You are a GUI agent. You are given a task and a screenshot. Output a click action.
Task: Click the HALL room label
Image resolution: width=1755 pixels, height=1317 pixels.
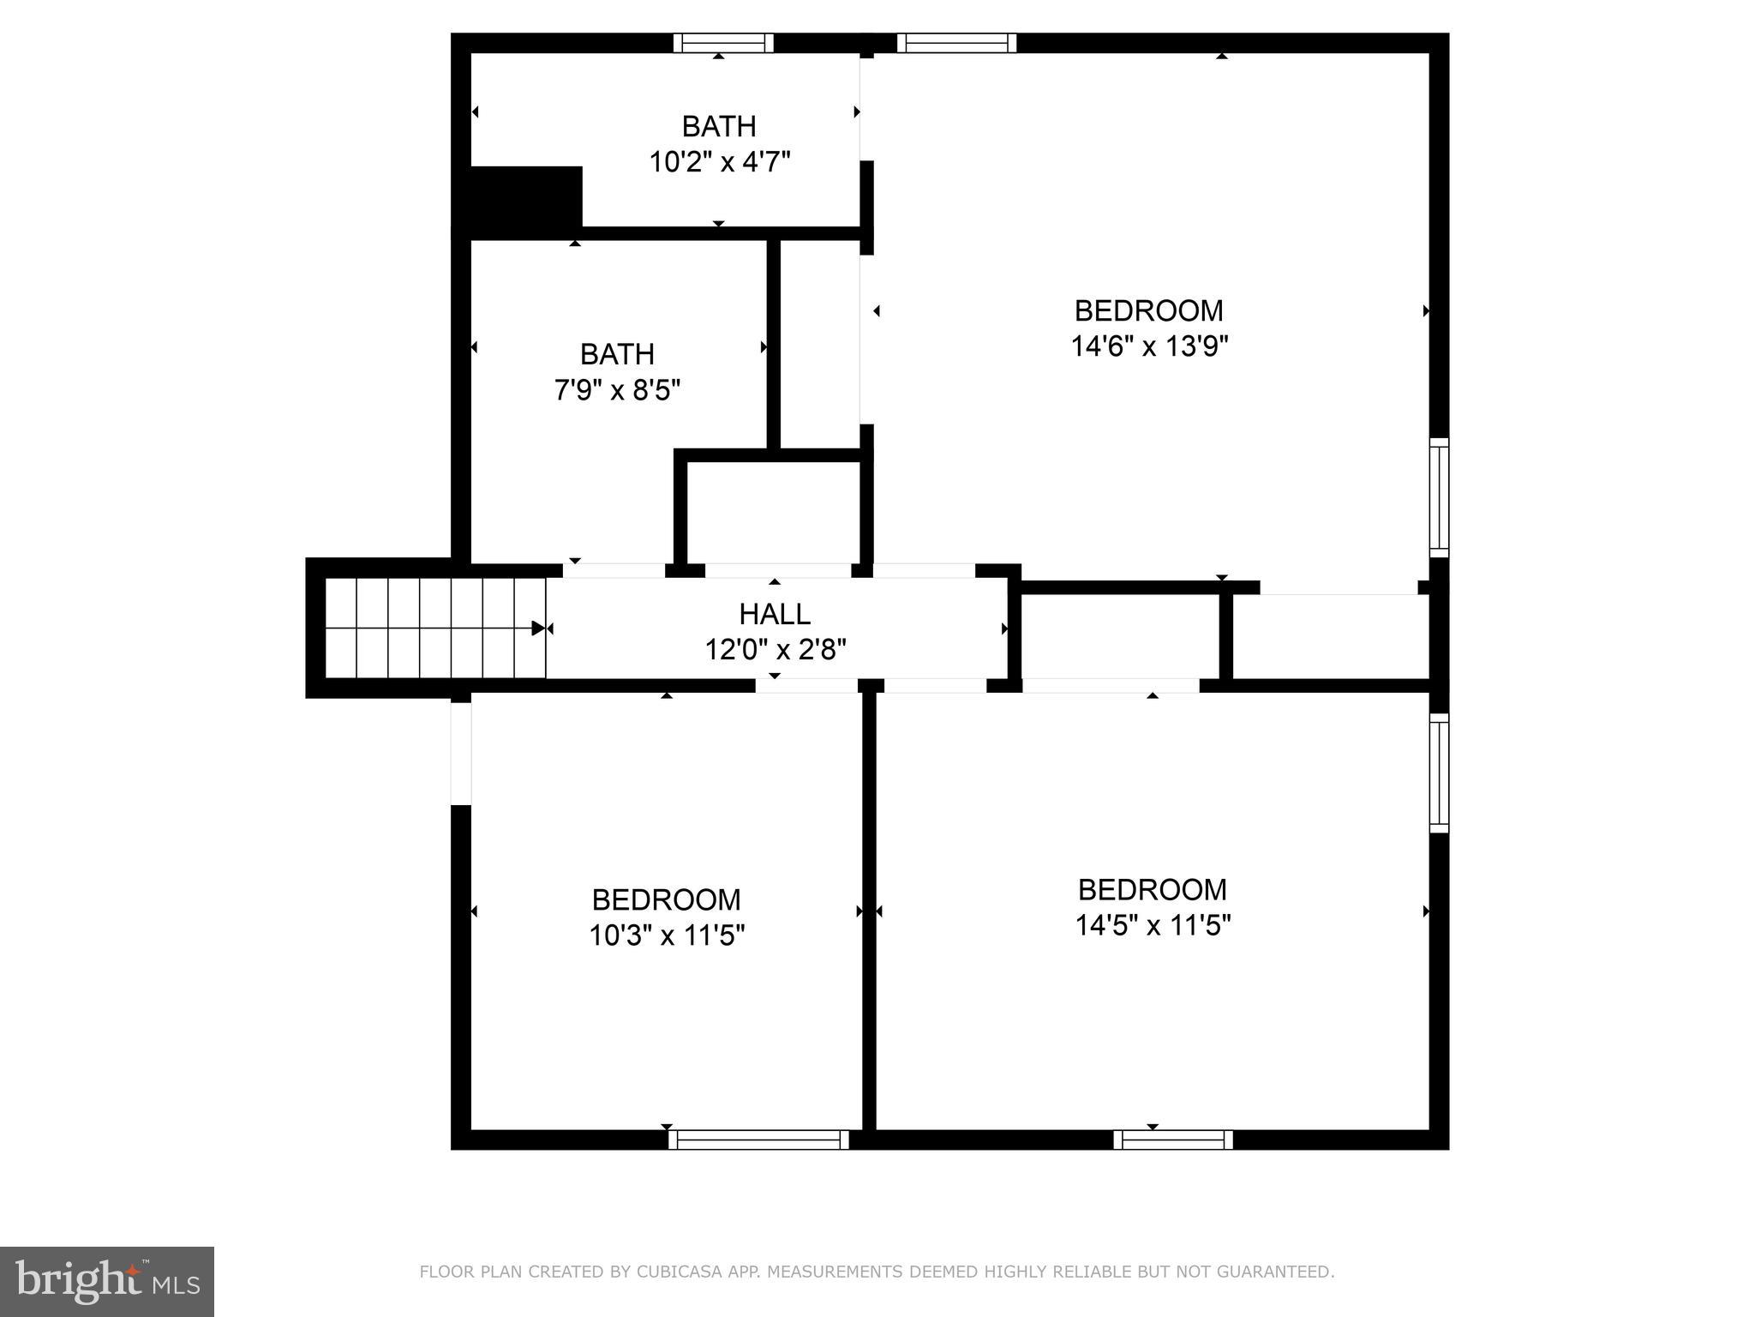[x=775, y=614]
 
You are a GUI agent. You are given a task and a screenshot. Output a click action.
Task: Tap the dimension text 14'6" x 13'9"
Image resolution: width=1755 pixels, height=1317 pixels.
[x=1149, y=346]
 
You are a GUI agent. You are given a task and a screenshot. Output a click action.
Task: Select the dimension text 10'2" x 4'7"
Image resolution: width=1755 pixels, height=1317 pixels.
[x=719, y=162]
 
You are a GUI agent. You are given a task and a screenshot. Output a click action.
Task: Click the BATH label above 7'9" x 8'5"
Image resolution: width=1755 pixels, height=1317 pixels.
[x=617, y=354]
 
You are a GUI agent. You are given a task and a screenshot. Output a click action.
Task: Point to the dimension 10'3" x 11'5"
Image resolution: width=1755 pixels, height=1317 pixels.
[x=666, y=935]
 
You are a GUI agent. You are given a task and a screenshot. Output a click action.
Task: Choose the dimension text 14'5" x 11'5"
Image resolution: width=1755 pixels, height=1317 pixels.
[x=1153, y=926]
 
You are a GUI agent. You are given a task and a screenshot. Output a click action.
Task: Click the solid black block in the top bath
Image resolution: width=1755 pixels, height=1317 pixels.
[x=524, y=197]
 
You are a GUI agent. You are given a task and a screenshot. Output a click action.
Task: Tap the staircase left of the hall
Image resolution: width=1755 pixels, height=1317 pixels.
[x=435, y=628]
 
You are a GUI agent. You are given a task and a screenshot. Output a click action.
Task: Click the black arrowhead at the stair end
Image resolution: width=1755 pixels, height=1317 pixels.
[x=538, y=628]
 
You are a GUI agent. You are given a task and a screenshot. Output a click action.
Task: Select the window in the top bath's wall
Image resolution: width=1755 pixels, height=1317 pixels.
[x=723, y=43]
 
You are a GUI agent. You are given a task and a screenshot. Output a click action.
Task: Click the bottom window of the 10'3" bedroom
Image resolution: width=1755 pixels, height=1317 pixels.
[x=758, y=1140]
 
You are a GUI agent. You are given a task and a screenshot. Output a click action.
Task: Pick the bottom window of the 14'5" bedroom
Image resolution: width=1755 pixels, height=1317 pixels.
[x=1173, y=1140]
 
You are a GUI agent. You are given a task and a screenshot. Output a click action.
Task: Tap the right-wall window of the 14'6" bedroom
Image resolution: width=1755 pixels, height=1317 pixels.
[x=1440, y=497]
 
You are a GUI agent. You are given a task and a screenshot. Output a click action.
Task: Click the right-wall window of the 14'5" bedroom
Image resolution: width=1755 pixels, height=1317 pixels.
[x=1440, y=773]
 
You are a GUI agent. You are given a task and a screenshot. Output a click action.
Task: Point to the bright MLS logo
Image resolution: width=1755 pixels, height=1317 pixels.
[x=106, y=1281]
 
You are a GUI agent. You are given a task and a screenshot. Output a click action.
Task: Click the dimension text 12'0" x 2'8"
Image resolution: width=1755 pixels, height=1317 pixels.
[x=775, y=650]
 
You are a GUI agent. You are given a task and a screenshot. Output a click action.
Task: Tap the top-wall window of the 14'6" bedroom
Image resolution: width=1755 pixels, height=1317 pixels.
[x=956, y=43]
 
